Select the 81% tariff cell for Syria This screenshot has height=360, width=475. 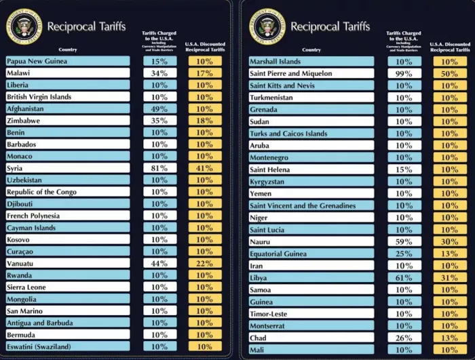click(159, 168)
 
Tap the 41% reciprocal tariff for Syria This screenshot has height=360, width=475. click(205, 168)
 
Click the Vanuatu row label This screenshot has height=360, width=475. click(21, 264)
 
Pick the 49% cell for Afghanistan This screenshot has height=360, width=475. click(159, 108)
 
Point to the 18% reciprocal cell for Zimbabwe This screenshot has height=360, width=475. click(205, 121)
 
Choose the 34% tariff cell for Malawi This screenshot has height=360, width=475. click(159, 73)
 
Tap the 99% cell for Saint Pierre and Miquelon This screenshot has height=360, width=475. click(404, 73)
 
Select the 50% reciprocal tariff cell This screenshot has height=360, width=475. click(450, 73)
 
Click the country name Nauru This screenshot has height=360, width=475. click(260, 241)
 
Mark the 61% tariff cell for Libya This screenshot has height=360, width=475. click(404, 278)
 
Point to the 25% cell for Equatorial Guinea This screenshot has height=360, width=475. click(404, 254)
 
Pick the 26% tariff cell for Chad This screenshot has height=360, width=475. click(404, 338)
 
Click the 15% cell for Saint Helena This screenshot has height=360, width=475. click(404, 169)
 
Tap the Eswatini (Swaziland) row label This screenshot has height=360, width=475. click(38, 346)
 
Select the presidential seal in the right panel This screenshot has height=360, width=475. click(267, 26)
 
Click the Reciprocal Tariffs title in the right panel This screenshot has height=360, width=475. click(330, 26)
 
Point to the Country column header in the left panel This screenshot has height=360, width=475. click(68, 49)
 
